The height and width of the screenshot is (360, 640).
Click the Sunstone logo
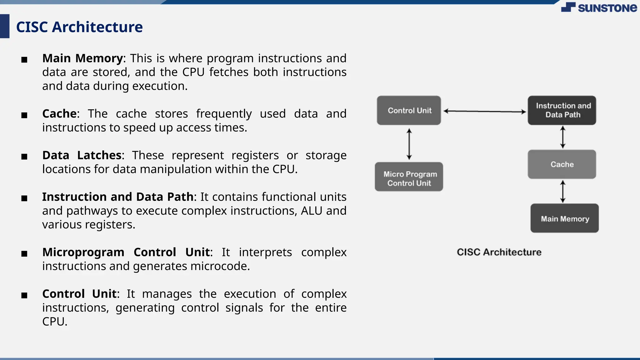(599, 7)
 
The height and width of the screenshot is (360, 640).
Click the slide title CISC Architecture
(79, 27)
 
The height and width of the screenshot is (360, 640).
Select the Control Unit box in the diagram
(409, 110)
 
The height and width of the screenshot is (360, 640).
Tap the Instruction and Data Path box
(562, 110)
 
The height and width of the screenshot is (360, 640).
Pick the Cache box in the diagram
(562, 164)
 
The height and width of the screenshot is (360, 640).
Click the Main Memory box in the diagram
(564, 218)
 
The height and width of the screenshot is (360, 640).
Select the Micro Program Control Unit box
(409, 177)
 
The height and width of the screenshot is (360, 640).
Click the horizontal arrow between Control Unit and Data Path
(484, 111)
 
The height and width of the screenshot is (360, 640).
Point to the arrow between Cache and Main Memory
(563, 192)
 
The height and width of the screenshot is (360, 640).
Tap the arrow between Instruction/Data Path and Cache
(563, 137)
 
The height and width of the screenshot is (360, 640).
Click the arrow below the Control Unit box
(409, 144)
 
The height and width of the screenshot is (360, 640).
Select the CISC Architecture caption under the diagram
(499, 252)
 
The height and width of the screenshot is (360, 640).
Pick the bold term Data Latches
(82, 155)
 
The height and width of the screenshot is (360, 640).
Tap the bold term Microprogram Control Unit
(127, 252)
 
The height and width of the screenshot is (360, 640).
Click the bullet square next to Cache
(24, 115)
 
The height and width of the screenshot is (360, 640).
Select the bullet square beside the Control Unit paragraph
(24, 295)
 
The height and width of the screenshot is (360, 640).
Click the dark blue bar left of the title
(5, 26)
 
